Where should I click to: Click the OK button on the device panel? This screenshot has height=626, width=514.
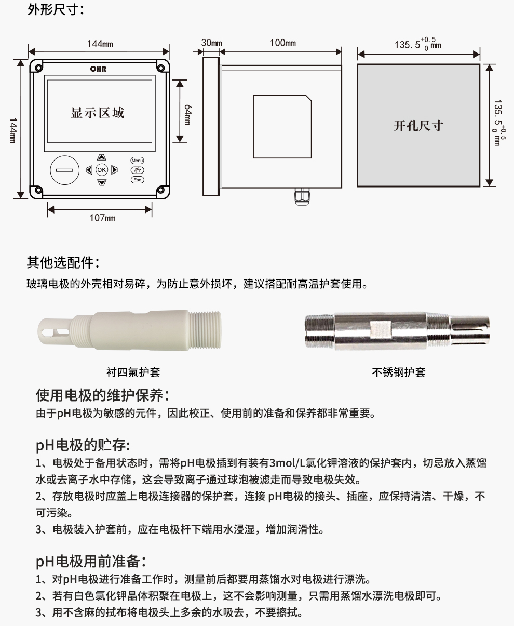pyautogui.click(x=101, y=169)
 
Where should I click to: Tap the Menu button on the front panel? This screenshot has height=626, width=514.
pyautogui.click(x=137, y=161)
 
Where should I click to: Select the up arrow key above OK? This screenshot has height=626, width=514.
pyautogui.click(x=101, y=157)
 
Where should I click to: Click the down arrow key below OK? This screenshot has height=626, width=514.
pyautogui.click(x=101, y=182)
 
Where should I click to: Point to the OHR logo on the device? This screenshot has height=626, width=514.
pyautogui.click(x=98, y=69)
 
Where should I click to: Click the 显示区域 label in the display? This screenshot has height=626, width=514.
pyautogui.click(x=98, y=112)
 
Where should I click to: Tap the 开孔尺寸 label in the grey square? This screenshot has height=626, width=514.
pyautogui.click(x=418, y=126)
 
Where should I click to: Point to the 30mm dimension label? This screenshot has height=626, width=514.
pyautogui.click(x=211, y=43)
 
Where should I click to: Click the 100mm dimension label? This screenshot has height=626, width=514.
pyautogui.click(x=282, y=43)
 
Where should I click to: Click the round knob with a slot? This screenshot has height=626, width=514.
pyautogui.click(x=64, y=170)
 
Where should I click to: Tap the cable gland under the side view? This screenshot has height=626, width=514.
pyautogui.click(x=300, y=196)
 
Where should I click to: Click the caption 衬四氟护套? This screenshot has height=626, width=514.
pyautogui.click(x=133, y=372)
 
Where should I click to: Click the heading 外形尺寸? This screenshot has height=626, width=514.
pyautogui.click(x=56, y=9)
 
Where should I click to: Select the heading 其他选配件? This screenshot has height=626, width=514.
pyautogui.click(x=63, y=263)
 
